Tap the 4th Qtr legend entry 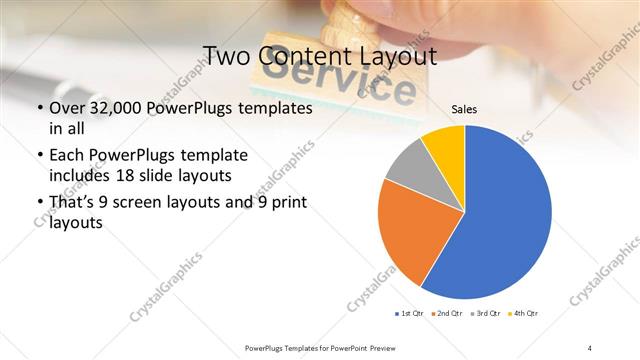pyautogui.click(x=524, y=314)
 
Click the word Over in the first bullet pyautogui.click(x=68, y=107)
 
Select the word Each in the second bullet pyautogui.click(x=68, y=155)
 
